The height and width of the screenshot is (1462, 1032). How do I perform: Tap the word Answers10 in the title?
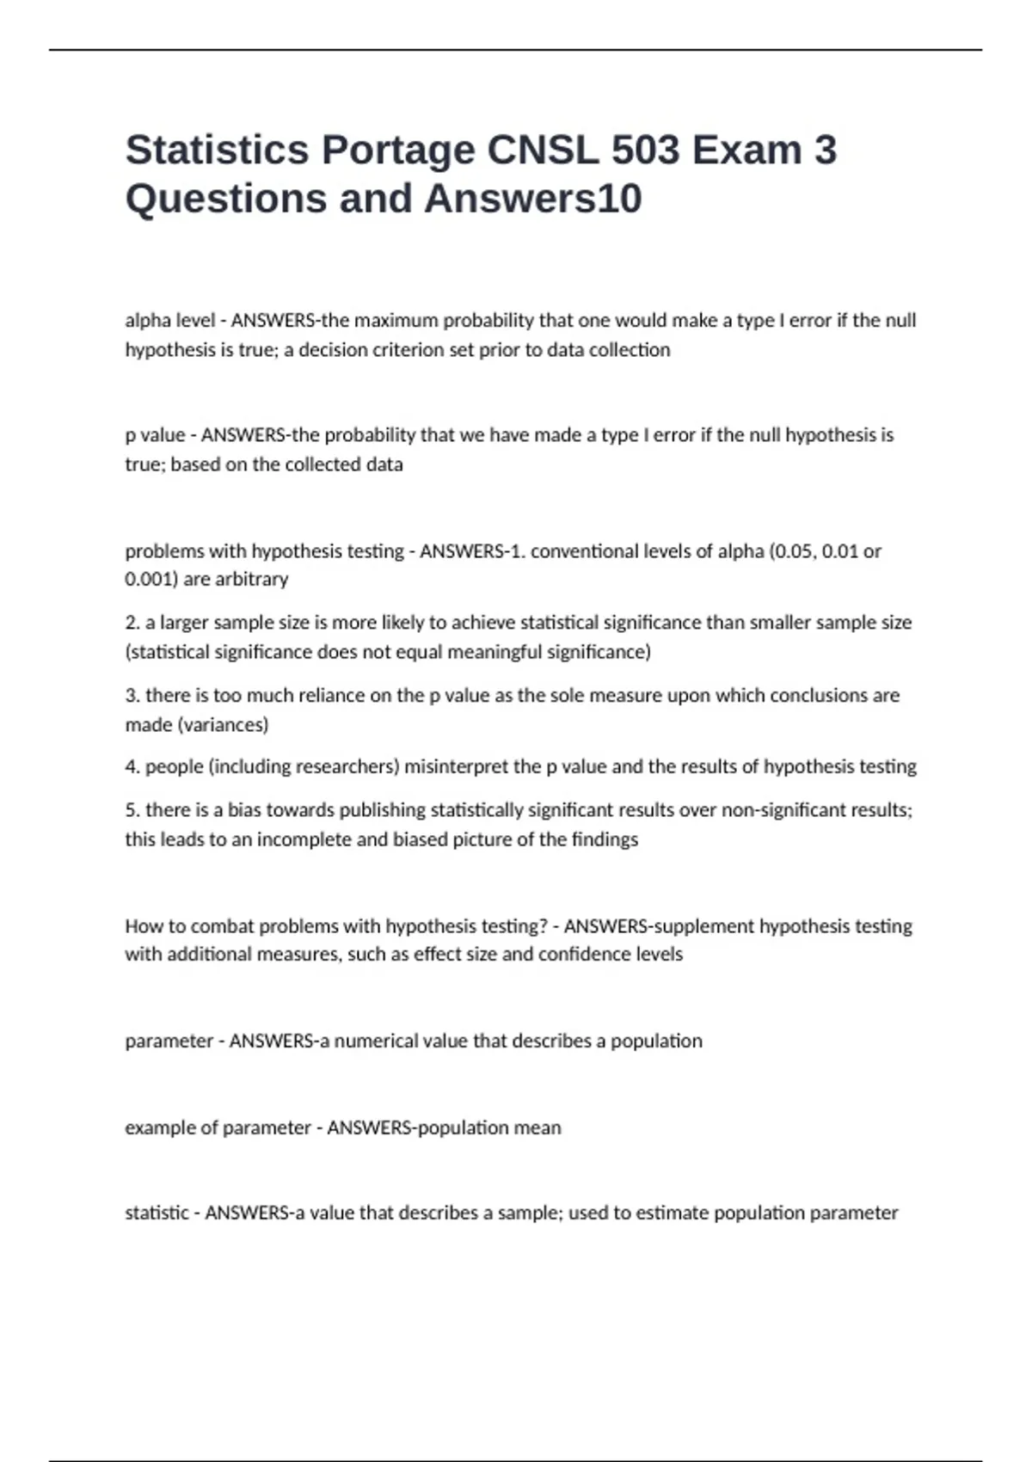coord(532,199)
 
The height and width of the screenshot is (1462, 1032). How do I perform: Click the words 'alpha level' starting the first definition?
coord(170,321)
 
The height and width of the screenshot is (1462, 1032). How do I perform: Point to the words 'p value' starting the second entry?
coord(155,435)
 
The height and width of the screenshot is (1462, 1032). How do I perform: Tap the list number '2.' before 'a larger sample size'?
coord(132,623)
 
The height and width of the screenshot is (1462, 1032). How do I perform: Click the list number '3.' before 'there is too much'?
coord(132,695)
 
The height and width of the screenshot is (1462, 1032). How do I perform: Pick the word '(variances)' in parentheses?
coord(223,725)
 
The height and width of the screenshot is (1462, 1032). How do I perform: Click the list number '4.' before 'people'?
coord(132,766)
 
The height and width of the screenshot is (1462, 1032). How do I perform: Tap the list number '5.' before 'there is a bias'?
coord(132,810)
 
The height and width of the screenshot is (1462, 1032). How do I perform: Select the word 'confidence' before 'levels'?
coord(585,955)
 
